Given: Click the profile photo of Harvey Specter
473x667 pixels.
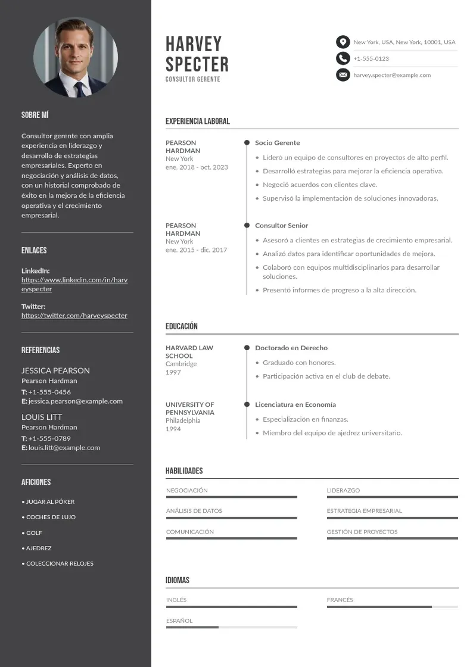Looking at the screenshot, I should click(76, 58).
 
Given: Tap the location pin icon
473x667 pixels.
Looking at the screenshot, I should click(343, 42).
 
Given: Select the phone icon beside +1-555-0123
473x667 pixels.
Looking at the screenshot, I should click(343, 58).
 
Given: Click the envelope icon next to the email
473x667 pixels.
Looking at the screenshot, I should click(343, 75).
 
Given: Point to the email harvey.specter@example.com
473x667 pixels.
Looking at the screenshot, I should click(391, 75).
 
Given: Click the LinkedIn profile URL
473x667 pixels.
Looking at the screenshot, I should click(74, 284).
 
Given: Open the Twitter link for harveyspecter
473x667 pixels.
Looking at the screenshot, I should click(74, 316).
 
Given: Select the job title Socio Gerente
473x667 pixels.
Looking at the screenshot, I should click(278, 143).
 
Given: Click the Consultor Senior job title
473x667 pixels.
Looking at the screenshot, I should click(282, 226).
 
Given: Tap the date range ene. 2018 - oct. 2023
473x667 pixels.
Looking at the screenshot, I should click(197, 167).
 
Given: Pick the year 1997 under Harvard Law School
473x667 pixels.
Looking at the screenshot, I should click(173, 372).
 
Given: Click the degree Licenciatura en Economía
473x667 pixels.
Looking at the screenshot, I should click(295, 404).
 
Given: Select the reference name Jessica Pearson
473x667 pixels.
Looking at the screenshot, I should click(55, 370).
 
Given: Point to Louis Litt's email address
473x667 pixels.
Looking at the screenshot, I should click(64, 448).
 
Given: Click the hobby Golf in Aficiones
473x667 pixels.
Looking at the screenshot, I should click(34, 533).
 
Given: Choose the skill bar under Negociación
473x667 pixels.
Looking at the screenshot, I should click(231, 497).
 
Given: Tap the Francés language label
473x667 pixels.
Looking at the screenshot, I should click(340, 600).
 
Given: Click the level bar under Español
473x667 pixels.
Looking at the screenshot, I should click(231, 627).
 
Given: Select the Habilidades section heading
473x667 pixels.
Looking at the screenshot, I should click(184, 471).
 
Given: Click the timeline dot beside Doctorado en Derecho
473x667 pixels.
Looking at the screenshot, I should click(247, 348).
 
